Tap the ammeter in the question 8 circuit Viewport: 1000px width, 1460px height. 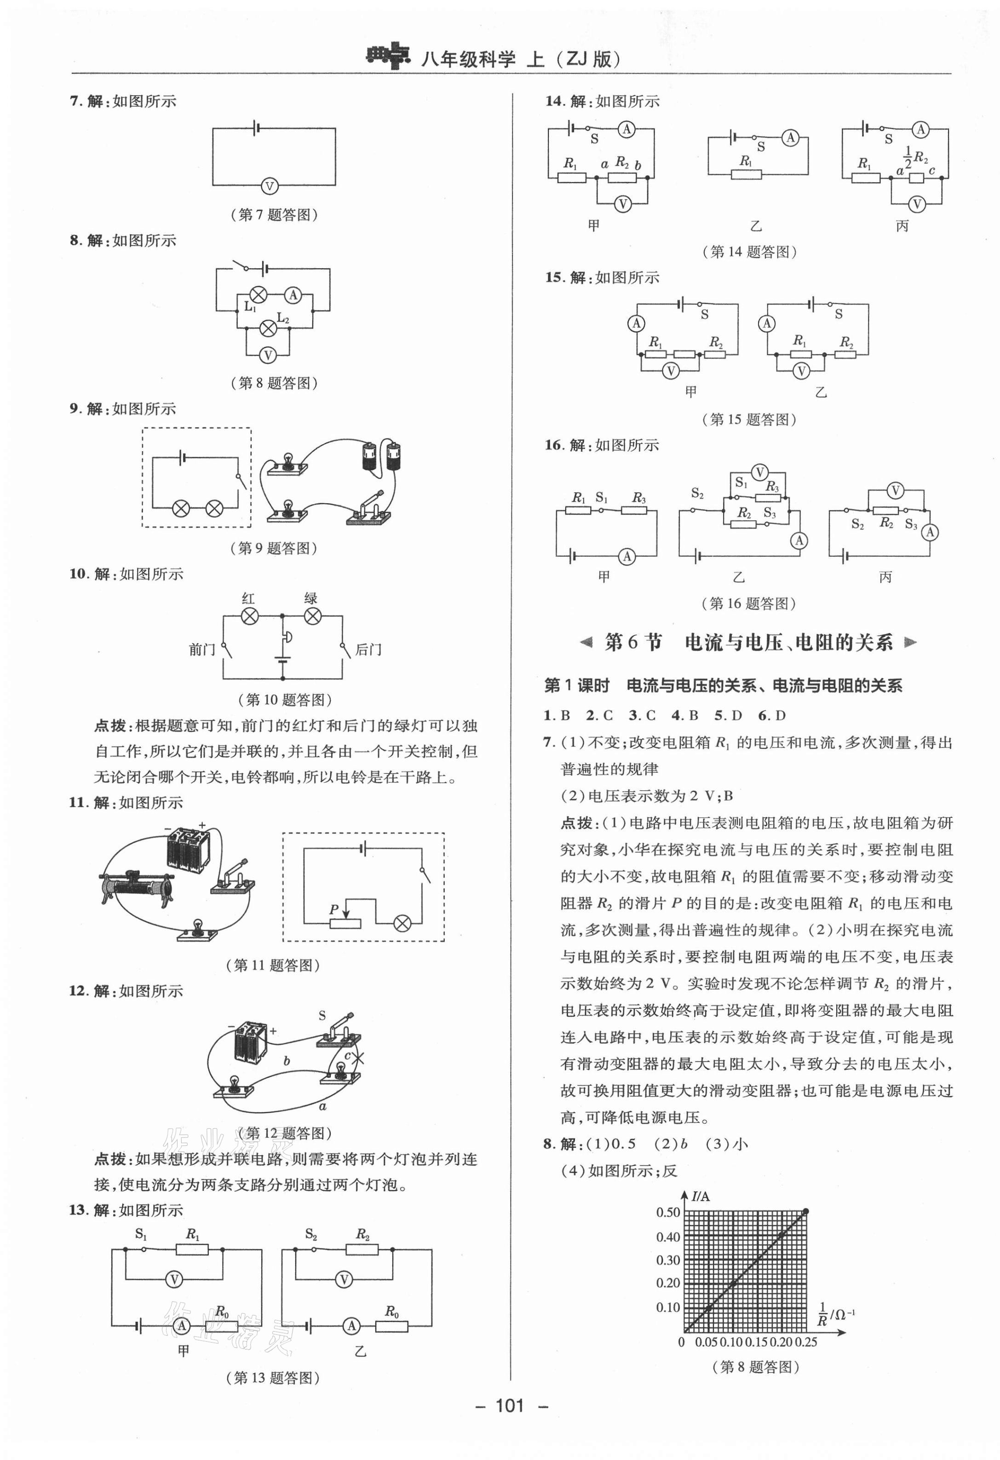point(293,295)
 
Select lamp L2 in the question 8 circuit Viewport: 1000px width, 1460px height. point(268,328)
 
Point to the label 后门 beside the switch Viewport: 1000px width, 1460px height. point(368,650)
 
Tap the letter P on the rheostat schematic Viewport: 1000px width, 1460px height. point(333,909)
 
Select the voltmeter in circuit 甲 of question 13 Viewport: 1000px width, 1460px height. point(174,1279)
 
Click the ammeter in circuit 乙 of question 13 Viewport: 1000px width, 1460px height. point(351,1326)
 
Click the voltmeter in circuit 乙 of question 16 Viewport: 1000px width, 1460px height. point(759,472)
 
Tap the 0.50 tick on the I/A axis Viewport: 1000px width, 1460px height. point(668,1213)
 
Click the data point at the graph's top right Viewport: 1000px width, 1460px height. point(806,1211)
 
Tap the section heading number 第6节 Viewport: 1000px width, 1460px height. point(632,643)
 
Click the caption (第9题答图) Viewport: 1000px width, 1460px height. point(273,548)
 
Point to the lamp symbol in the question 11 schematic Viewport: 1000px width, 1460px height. point(402,923)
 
